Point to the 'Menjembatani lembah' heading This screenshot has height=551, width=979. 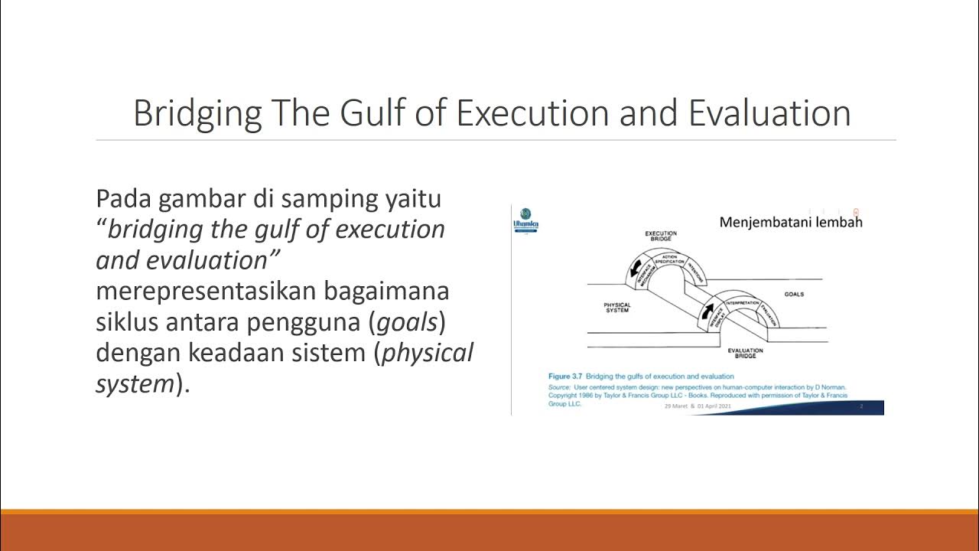point(791,222)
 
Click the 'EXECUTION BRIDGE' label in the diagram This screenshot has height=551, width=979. point(661,236)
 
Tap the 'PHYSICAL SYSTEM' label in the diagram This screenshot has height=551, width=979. point(618,308)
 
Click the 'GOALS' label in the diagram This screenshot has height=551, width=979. point(794,294)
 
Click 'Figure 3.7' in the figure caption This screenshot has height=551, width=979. point(567,377)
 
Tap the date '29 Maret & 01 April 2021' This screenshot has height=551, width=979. point(698,406)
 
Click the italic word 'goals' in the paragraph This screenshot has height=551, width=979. point(405,322)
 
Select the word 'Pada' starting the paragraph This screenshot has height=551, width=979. point(122,199)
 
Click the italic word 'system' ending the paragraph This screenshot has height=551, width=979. point(135,383)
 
